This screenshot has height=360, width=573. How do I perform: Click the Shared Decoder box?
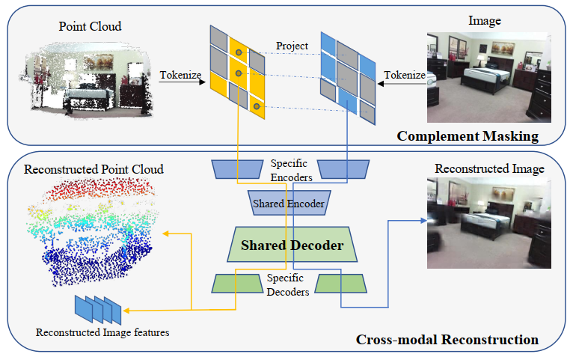(x=292, y=245)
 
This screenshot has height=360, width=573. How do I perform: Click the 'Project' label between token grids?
(x=292, y=46)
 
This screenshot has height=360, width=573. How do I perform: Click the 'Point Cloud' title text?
(x=90, y=27)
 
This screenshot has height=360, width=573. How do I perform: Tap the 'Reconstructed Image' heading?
(x=489, y=170)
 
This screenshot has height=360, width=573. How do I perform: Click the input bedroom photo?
(x=488, y=76)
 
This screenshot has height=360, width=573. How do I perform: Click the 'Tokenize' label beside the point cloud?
(x=179, y=74)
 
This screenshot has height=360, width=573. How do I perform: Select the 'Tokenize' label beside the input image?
(x=404, y=74)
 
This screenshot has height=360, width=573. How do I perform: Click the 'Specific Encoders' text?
(x=288, y=168)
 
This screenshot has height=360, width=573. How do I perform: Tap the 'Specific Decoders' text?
(x=288, y=285)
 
